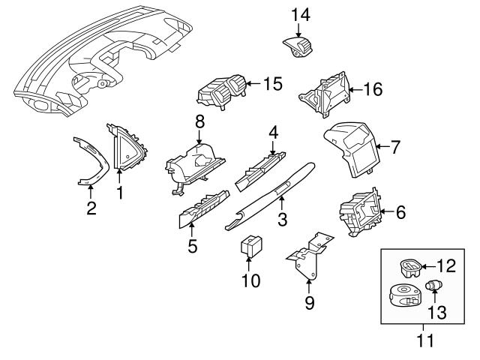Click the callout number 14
299,14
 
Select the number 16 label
372,90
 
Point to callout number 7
396,148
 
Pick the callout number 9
309,303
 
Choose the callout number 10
250,280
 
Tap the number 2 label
91,207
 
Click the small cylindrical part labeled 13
433,285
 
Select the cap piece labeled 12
409,266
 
